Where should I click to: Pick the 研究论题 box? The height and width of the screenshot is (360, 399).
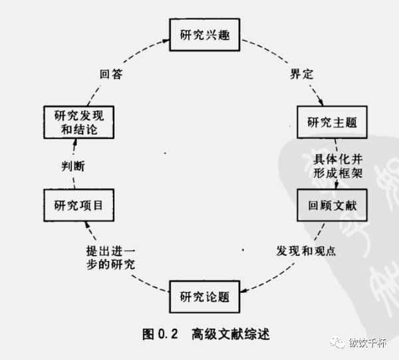click(x=205, y=296)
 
